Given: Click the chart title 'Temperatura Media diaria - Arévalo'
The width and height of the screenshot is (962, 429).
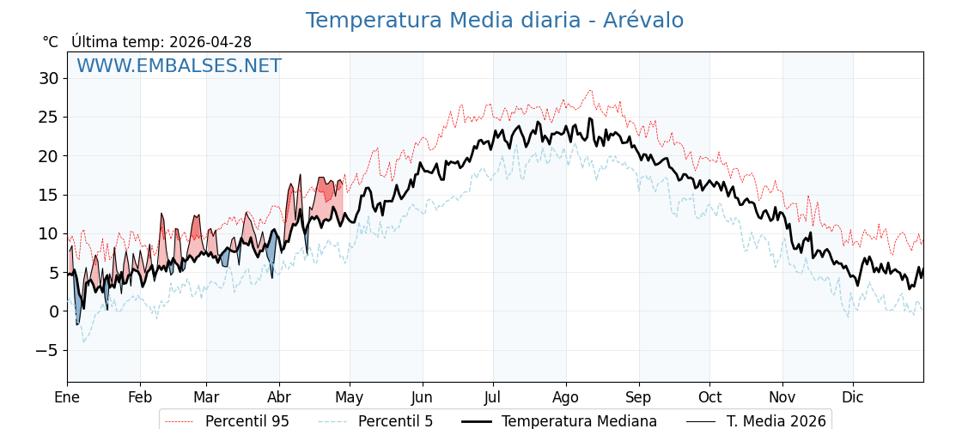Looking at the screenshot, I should coord(495,21).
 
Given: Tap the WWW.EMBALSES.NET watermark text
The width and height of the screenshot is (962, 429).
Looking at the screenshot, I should coord(179,66).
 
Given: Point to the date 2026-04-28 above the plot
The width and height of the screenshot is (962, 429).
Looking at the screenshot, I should coord(210,42).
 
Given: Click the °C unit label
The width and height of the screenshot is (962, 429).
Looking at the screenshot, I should coord(51,42).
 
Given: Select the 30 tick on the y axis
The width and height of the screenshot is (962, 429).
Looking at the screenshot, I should coord(48,78).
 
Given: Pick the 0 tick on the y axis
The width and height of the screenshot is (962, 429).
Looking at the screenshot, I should coord(53,311).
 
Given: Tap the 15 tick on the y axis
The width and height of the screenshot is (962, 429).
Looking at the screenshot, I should coord(48,195).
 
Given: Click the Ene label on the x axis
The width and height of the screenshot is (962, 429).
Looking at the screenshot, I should coord(67,397).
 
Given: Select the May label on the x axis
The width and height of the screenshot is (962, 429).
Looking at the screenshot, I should coord(349,397).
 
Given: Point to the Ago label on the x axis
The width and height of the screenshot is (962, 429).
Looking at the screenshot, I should coord(566,397).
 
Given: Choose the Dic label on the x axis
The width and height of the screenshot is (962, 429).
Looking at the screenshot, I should coord(853,397).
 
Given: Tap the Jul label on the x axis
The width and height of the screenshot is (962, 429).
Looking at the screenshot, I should coord(493,397).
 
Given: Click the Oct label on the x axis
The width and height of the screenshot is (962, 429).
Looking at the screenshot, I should coord(709,397).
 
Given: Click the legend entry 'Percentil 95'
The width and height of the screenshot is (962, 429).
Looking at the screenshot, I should coord(247,421).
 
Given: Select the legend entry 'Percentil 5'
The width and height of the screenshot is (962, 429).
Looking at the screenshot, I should coord(395,421).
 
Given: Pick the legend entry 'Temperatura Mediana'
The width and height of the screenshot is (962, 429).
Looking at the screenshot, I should coord(579,421).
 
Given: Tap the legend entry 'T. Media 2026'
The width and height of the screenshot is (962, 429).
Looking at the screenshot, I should coord(776,421).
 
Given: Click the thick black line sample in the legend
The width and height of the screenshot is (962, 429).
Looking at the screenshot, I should coord(477,421).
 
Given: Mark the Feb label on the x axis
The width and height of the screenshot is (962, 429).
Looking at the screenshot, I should coord(140,397).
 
